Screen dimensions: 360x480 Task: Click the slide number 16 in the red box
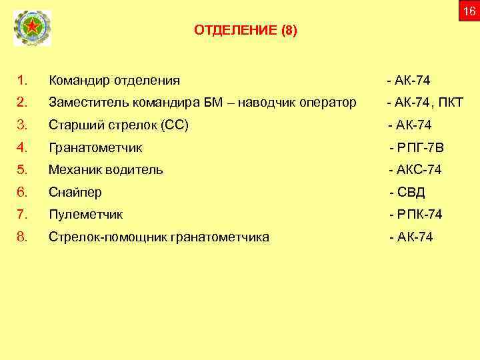tap(469, 12)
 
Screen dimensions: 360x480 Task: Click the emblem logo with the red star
tap(32, 28)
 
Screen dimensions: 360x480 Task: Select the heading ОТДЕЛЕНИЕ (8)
tap(246, 31)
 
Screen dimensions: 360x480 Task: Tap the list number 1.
tap(22, 81)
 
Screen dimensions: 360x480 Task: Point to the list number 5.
tap(22, 170)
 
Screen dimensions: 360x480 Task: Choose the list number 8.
tap(22, 236)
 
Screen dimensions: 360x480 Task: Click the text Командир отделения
tap(114, 81)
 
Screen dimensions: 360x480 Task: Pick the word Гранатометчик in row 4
tap(95, 148)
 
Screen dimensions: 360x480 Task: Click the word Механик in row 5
tap(73, 170)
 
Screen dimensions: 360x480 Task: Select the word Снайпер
tap(75, 193)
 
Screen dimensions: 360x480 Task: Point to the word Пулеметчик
tap(85, 215)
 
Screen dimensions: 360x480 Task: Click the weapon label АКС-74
tap(419, 170)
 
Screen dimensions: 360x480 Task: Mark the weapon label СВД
tap(411, 193)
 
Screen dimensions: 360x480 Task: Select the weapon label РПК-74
tap(419, 215)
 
